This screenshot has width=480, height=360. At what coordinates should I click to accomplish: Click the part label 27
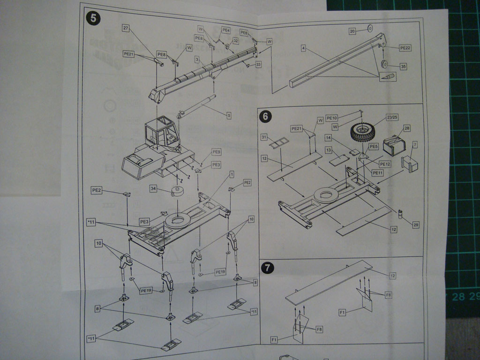(x=126, y=28)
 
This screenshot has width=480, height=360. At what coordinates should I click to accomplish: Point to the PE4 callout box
(x=226, y=30)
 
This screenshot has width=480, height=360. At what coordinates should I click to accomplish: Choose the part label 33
(x=258, y=64)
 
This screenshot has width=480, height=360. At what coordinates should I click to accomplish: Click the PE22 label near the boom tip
(x=405, y=48)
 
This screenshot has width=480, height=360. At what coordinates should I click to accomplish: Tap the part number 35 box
(x=403, y=67)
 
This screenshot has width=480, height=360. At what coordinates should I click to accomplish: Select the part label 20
(x=352, y=31)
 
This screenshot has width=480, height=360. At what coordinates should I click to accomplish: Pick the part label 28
(x=406, y=128)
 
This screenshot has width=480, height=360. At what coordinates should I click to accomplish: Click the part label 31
(x=264, y=137)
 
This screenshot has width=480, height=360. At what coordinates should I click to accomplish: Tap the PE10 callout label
(x=331, y=118)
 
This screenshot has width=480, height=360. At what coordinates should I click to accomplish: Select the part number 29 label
(x=415, y=225)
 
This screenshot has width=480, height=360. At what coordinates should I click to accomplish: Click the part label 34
(x=153, y=188)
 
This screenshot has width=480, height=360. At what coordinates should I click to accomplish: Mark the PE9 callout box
(x=216, y=152)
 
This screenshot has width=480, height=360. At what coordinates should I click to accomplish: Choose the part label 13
(x=329, y=150)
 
